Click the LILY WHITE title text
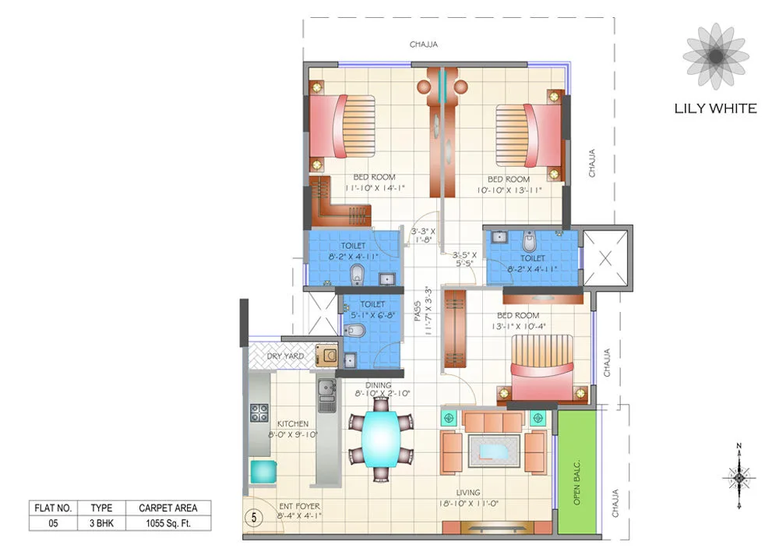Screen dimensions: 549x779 pos(715,108)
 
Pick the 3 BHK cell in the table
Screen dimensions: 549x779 pos(101,523)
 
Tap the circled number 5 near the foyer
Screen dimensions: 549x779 pos(252,516)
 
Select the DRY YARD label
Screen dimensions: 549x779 pos(285,356)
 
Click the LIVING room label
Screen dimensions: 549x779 pos(468,492)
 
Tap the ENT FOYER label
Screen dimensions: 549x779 pos(299,506)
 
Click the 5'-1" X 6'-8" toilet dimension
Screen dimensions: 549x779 pos(373,316)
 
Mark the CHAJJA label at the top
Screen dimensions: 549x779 pos(424,44)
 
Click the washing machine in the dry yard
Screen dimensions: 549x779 pos(327,356)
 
